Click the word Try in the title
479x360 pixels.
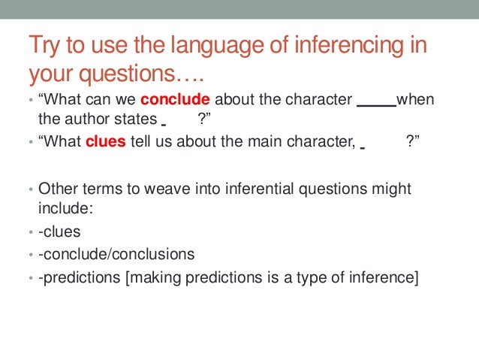point(43,46)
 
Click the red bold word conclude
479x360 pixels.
point(174,101)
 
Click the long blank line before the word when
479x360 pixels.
point(375,101)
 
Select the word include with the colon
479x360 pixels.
point(65,209)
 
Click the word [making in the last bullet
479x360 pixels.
point(151,277)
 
